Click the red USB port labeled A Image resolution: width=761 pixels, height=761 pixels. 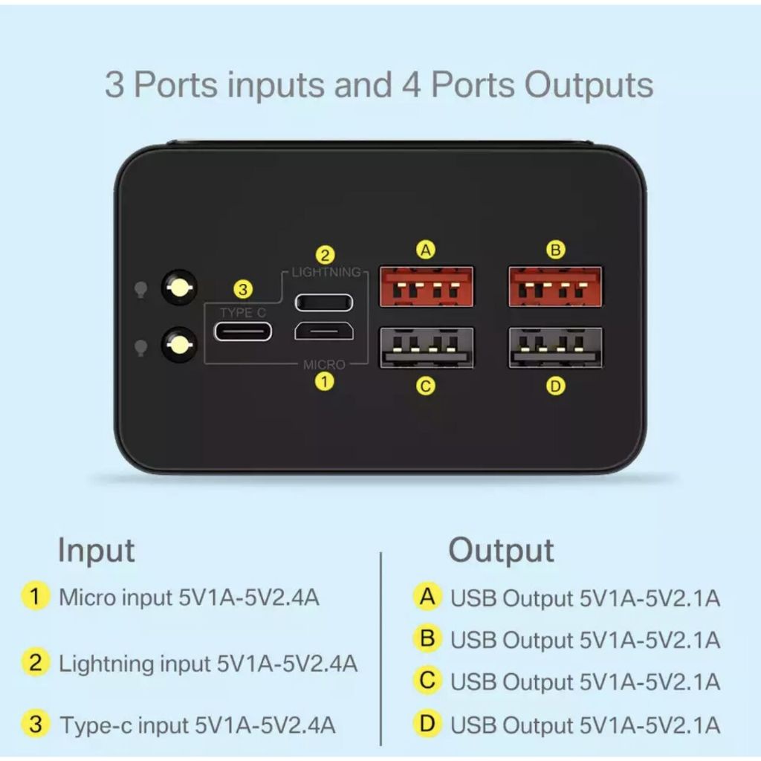pyautogui.click(x=426, y=286)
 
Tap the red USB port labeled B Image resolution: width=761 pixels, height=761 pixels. pyautogui.click(x=555, y=286)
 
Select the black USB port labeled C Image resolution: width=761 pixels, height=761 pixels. pyautogui.click(x=426, y=348)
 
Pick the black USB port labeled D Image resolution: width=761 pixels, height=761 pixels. pyautogui.click(x=555, y=348)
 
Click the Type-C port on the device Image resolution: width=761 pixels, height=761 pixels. pyautogui.click(x=243, y=331)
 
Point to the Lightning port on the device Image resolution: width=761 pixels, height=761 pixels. pyautogui.click(x=324, y=302)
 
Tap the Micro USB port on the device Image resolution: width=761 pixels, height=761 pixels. pyautogui.click(x=324, y=331)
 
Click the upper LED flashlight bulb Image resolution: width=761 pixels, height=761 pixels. pyautogui.click(x=179, y=288)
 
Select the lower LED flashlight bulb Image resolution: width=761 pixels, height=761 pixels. pyautogui.click(x=179, y=345)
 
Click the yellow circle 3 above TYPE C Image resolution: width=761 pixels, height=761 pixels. pyautogui.click(x=243, y=290)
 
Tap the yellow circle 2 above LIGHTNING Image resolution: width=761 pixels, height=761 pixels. pyautogui.click(x=326, y=255)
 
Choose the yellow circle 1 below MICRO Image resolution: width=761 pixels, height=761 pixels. pyautogui.click(x=324, y=381)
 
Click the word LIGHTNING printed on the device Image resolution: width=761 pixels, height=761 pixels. pyautogui.click(x=326, y=272)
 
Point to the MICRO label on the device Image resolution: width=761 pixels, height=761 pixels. pyautogui.click(x=324, y=364)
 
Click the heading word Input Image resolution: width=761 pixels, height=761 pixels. pyautogui.click(x=96, y=551)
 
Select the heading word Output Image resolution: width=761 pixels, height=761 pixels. pyautogui.click(x=501, y=551)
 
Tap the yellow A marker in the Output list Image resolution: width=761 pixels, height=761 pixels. pyautogui.click(x=427, y=597)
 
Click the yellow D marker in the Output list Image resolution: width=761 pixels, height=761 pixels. pyautogui.click(x=427, y=724)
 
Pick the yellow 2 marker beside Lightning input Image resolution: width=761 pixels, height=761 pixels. pyautogui.click(x=36, y=662)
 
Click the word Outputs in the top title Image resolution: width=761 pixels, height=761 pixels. pyautogui.click(x=589, y=85)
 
